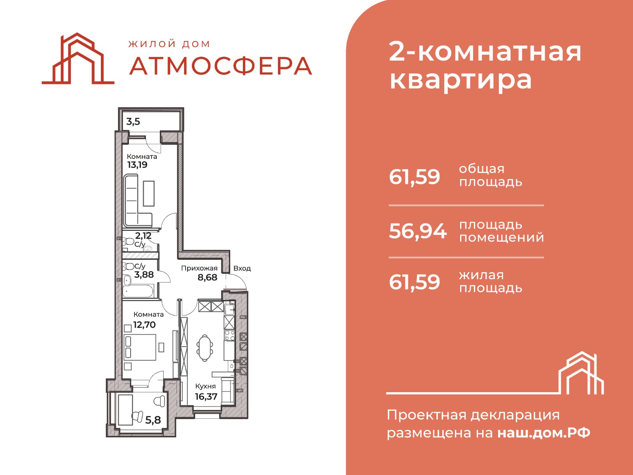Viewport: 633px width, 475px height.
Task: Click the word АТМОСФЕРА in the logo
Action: tap(221, 66)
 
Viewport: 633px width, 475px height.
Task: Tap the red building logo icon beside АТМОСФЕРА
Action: tap(78, 59)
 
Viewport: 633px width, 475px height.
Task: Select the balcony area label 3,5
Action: tap(133, 122)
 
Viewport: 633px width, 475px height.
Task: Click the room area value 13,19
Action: tap(137, 165)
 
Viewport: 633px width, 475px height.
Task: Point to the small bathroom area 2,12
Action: tap(143, 236)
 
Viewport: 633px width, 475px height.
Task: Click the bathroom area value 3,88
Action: tap(144, 275)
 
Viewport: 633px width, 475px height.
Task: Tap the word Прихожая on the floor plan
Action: tap(199, 269)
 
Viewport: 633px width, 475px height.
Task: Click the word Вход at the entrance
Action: tap(242, 269)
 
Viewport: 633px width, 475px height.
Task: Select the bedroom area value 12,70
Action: tap(144, 325)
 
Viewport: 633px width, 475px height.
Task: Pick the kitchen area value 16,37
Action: tap(206, 397)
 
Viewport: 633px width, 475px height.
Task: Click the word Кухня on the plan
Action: tap(205, 386)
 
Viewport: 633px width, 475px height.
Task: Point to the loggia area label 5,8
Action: tap(153, 420)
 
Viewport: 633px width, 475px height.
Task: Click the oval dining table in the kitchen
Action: tap(205, 348)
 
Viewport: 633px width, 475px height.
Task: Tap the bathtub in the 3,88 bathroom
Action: tap(138, 291)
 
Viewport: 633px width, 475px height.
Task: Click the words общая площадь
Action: tap(491, 176)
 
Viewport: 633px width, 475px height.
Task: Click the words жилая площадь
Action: tap(491, 282)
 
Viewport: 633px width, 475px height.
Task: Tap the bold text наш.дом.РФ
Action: tap(544, 433)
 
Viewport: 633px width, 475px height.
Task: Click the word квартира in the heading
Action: tap(461, 80)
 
